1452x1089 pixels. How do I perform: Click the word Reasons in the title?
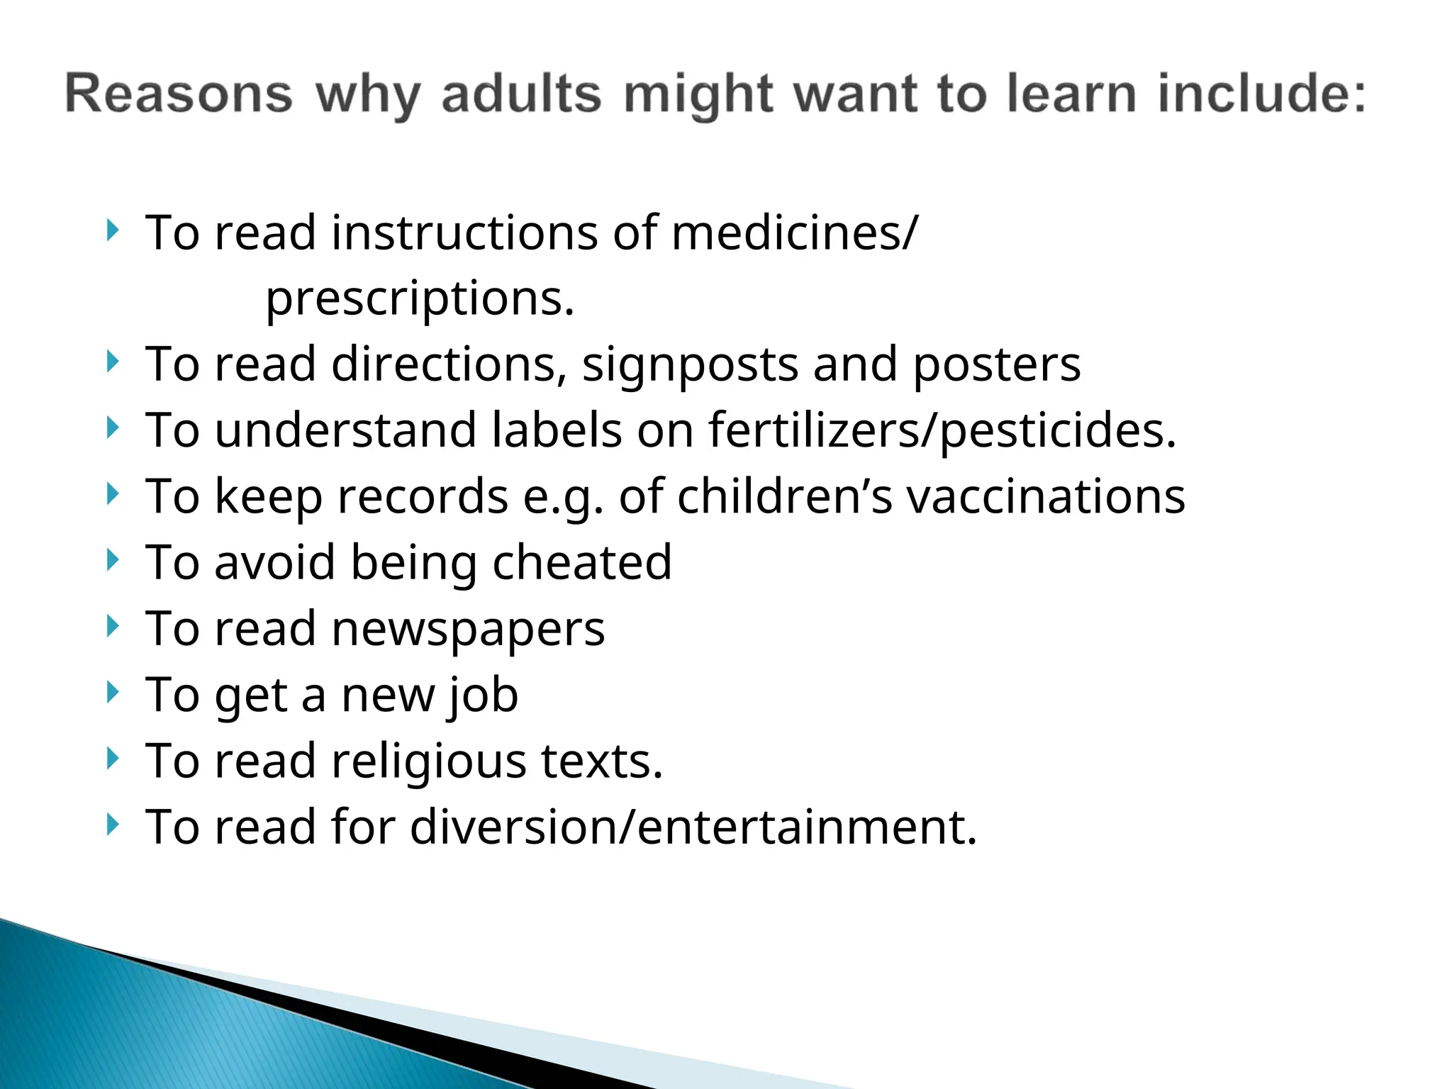point(179,94)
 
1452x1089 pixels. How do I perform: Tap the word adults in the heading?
point(521,94)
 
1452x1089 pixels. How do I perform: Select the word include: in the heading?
point(1261,94)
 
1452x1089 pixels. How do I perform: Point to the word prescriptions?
point(420,298)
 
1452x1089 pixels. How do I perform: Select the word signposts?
point(690,364)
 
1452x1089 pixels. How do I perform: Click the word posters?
point(996,364)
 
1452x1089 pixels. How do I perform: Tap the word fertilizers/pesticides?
point(942,430)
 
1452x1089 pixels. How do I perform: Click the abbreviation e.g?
point(563,496)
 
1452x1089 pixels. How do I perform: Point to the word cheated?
point(582,562)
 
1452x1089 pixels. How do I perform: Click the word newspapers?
point(468,628)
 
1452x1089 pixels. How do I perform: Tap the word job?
point(484,695)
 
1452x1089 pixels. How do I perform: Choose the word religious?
point(428,761)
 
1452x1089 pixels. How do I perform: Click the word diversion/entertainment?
point(693,827)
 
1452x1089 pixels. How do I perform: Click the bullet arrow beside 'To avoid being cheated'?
point(112,560)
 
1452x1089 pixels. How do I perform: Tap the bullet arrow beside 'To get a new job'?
point(112,692)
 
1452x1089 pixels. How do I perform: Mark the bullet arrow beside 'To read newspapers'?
point(112,626)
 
